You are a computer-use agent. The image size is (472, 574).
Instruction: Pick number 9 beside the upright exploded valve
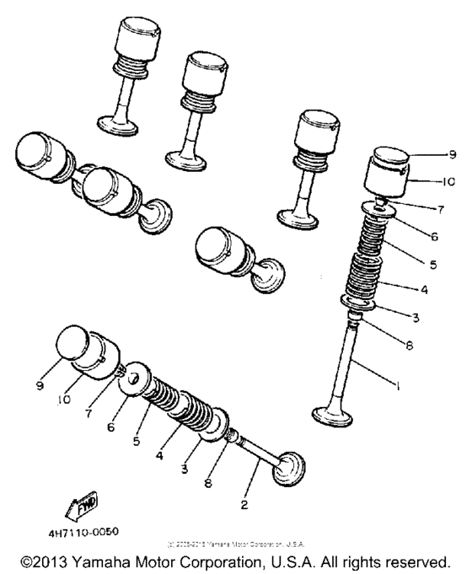[452, 155]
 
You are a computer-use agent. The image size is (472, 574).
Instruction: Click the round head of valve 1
[333, 416]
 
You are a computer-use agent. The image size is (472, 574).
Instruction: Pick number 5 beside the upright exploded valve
[434, 264]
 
